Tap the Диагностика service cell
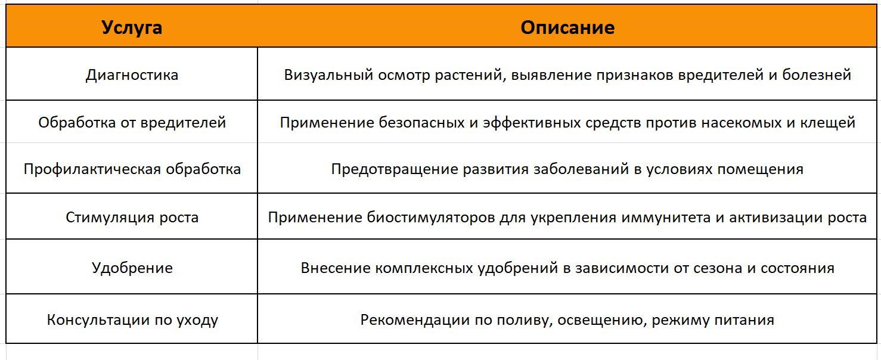(132, 75)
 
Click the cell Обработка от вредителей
(132, 122)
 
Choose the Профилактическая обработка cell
(132, 169)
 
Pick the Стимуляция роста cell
(132, 217)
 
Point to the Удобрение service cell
(132, 268)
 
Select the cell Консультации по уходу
(132, 319)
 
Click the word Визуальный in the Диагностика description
(329, 75)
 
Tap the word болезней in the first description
(817, 75)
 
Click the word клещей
(830, 123)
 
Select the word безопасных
(421, 122)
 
